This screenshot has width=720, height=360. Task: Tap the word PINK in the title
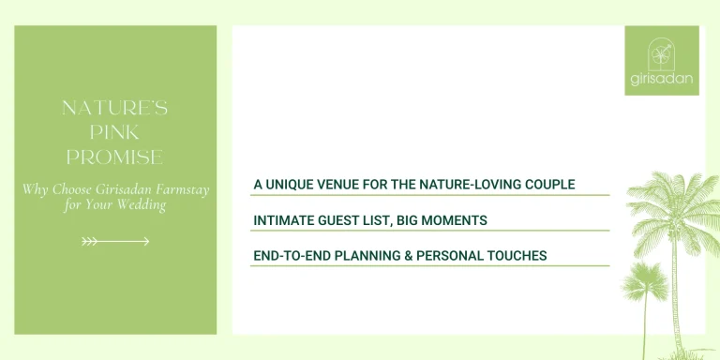click(115, 132)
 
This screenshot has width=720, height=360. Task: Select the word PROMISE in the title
click(115, 157)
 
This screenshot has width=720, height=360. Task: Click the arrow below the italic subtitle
click(115, 241)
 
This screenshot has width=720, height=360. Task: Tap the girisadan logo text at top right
click(662, 79)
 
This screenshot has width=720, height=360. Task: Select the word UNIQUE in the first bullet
click(292, 185)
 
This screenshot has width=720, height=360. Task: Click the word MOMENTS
click(454, 220)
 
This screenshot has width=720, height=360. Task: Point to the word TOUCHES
click(514, 255)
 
